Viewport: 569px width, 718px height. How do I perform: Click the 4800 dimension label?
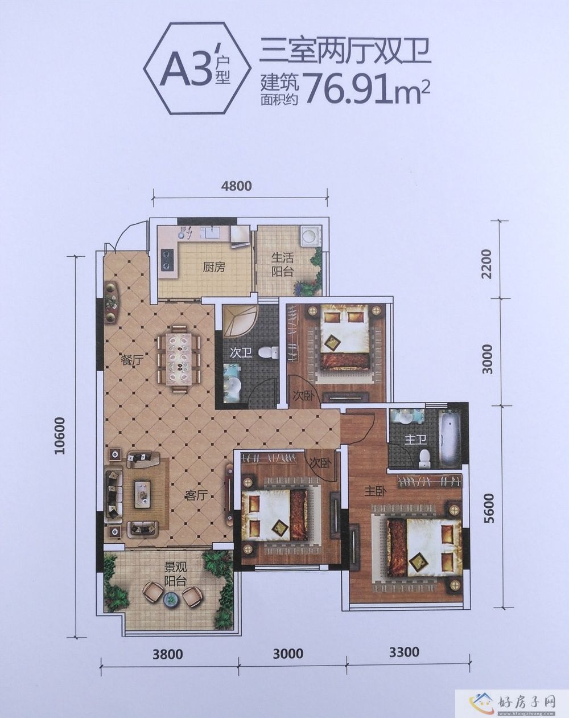click(236, 186)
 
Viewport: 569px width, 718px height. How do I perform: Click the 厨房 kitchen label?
click(214, 267)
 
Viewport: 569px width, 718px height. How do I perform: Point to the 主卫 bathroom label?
click(416, 440)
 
